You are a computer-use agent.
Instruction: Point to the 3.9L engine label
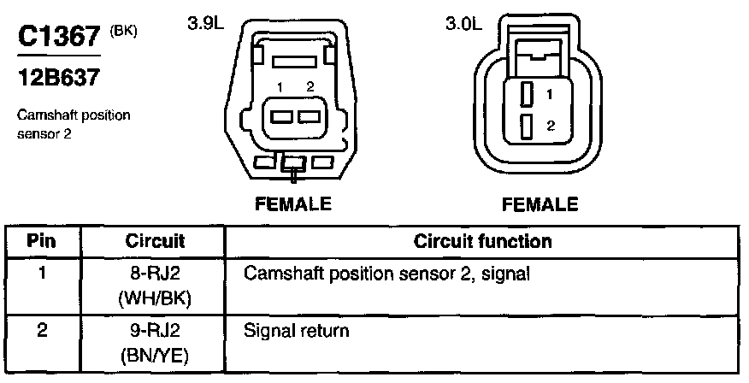tap(204, 25)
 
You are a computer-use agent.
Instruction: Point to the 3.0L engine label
tap(463, 25)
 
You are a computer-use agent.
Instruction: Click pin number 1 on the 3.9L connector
tap(280, 86)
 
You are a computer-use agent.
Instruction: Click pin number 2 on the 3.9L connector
tap(310, 86)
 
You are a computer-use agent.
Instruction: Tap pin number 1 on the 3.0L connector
tap(550, 93)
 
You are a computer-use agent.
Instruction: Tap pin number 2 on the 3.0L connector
tap(550, 126)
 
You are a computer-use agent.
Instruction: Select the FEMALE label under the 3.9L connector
tap(292, 204)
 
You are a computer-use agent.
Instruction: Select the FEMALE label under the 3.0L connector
tap(540, 204)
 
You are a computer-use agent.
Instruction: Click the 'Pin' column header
tap(43, 241)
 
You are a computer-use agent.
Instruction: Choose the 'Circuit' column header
tap(156, 241)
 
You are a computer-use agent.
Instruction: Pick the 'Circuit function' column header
tap(482, 241)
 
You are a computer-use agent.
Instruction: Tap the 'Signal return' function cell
tap(298, 328)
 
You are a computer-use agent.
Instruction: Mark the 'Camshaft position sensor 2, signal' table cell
tap(387, 274)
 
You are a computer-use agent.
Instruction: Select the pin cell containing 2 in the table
tap(43, 328)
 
